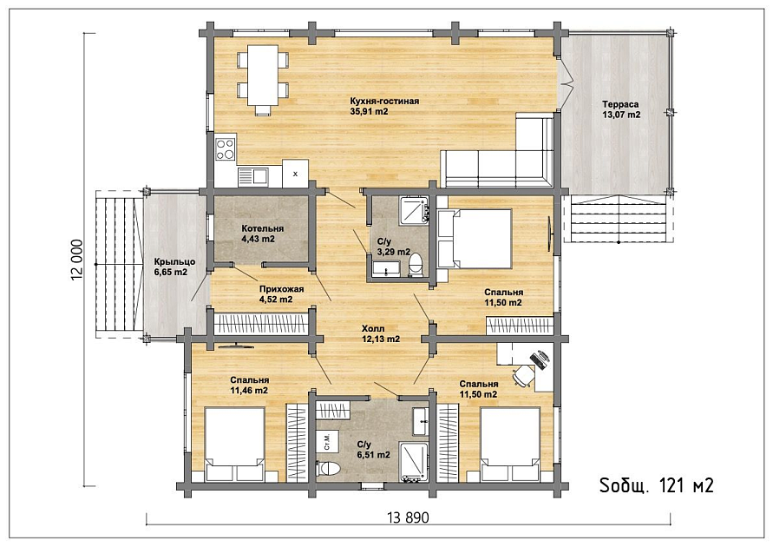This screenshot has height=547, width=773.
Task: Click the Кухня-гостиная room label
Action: click(x=384, y=101)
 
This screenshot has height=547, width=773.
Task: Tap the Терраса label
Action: click(x=620, y=104)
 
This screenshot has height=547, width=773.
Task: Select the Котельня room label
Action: click(x=262, y=229)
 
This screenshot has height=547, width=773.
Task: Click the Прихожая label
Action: click(x=281, y=289)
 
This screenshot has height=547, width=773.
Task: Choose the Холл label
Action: click(x=373, y=328)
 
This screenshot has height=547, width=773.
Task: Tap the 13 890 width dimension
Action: click(x=409, y=517)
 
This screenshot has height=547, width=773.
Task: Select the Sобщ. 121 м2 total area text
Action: click(x=656, y=486)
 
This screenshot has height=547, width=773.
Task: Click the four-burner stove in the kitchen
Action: click(x=226, y=149)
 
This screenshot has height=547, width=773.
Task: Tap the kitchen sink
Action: click(x=252, y=176)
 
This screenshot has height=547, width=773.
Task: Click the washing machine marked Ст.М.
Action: click(x=327, y=440)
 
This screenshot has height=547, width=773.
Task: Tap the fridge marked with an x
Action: click(x=295, y=174)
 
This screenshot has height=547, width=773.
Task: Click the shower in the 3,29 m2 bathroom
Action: click(x=414, y=210)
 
